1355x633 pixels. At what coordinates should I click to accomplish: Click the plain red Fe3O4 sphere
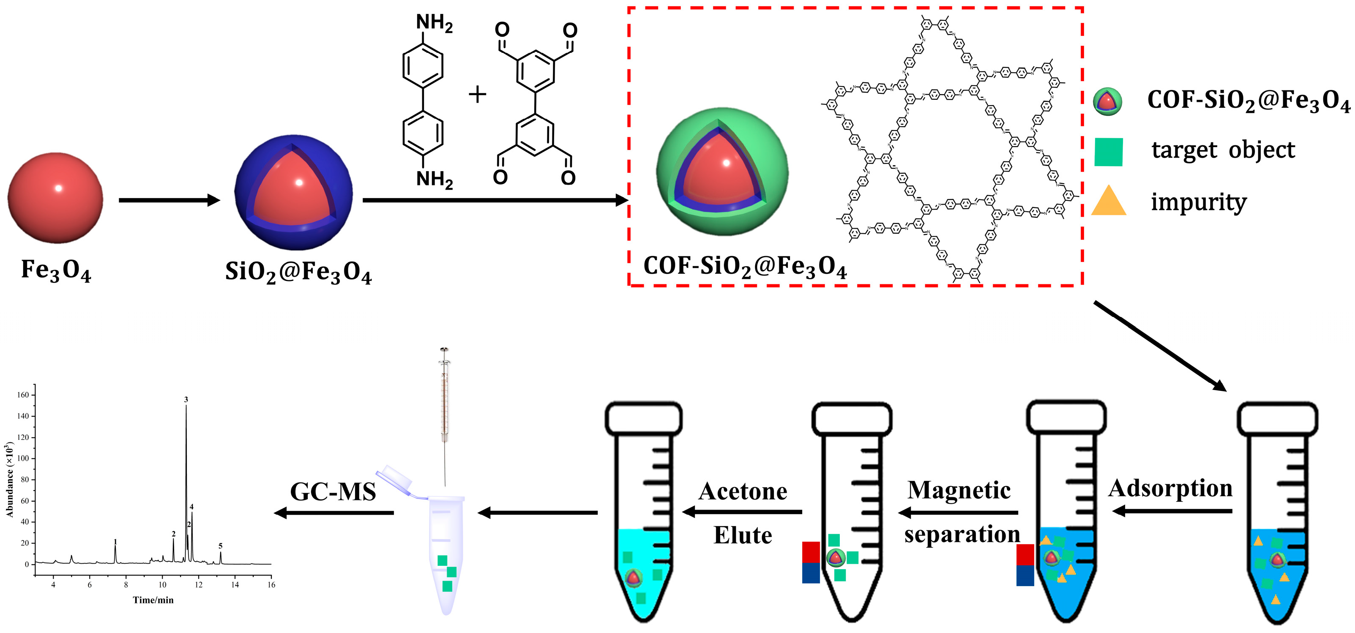(x=55, y=198)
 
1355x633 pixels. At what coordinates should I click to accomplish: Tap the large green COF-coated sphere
(x=722, y=172)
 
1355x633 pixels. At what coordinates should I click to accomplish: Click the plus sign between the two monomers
(x=477, y=95)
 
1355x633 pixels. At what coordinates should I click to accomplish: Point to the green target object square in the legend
(x=1108, y=152)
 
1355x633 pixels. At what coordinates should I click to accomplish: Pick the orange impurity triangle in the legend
(x=1108, y=202)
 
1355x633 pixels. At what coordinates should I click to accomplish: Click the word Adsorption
(x=1170, y=488)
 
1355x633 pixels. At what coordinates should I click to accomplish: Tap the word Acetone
(x=743, y=491)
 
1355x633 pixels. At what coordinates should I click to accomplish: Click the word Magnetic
(x=959, y=490)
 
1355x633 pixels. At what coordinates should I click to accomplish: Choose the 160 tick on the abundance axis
(x=23, y=395)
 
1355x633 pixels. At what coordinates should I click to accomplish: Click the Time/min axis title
(x=153, y=600)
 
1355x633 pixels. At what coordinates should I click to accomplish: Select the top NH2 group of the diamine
(x=434, y=23)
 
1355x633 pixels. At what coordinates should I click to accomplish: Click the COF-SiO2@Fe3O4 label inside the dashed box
(x=745, y=267)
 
